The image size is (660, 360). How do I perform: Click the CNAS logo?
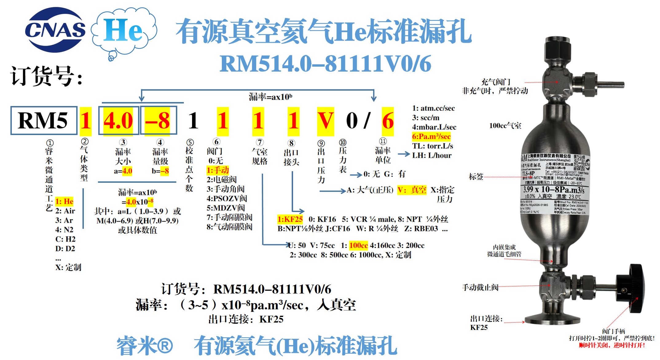[55, 30]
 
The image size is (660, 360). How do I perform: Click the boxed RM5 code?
[43, 120]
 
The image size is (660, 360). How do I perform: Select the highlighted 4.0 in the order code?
[118, 120]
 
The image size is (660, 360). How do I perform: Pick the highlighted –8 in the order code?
[158, 120]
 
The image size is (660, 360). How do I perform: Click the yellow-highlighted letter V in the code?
[325, 121]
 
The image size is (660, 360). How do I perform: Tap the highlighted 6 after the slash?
[388, 121]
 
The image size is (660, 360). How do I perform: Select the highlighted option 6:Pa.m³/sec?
[431, 136]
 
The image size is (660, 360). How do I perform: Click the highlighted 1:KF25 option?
[290, 219]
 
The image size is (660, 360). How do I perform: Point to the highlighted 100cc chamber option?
[358, 245]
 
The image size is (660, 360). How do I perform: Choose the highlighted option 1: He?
[64, 202]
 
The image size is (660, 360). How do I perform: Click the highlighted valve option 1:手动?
[218, 170]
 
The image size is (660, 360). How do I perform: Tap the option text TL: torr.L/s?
[432, 146]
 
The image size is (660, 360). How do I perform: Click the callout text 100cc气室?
[505, 126]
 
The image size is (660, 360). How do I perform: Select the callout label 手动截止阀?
[480, 288]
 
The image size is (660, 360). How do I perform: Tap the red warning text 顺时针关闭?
[594, 345]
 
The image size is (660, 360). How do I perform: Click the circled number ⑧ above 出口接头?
[291, 143]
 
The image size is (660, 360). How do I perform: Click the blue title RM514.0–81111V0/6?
[325, 64]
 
